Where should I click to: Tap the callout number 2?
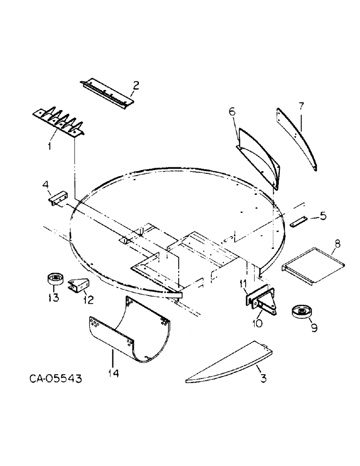[135, 85]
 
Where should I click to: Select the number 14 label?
[113, 373]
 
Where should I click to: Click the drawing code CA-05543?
[53, 379]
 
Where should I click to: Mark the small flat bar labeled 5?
[298, 221]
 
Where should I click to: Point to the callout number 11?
[243, 284]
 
